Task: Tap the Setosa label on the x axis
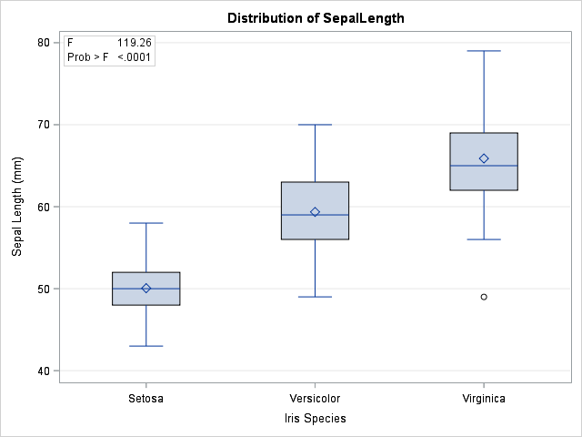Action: pos(145,399)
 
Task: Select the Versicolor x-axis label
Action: pos(315,399)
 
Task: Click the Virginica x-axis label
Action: pos(483,399)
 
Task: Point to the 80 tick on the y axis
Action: pos(44,43)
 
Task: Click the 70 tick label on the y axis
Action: pos(44,125)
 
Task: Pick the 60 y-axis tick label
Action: pos(44,207)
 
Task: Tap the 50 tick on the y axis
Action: pos(44,289)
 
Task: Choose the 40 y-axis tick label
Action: pos(44,371)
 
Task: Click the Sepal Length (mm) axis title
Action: pos(17,207)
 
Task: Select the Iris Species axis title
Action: pos(315,418)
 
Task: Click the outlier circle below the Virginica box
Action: pos(484,297)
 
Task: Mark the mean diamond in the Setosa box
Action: pos(145,289)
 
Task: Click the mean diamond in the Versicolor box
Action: pos(315,212)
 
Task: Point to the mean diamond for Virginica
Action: pos(484,158)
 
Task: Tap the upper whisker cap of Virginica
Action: pos(484,51)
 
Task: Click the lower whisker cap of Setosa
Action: pos(145,346)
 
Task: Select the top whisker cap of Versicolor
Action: pos(315,125)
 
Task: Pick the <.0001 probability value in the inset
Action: pos(135,57)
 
